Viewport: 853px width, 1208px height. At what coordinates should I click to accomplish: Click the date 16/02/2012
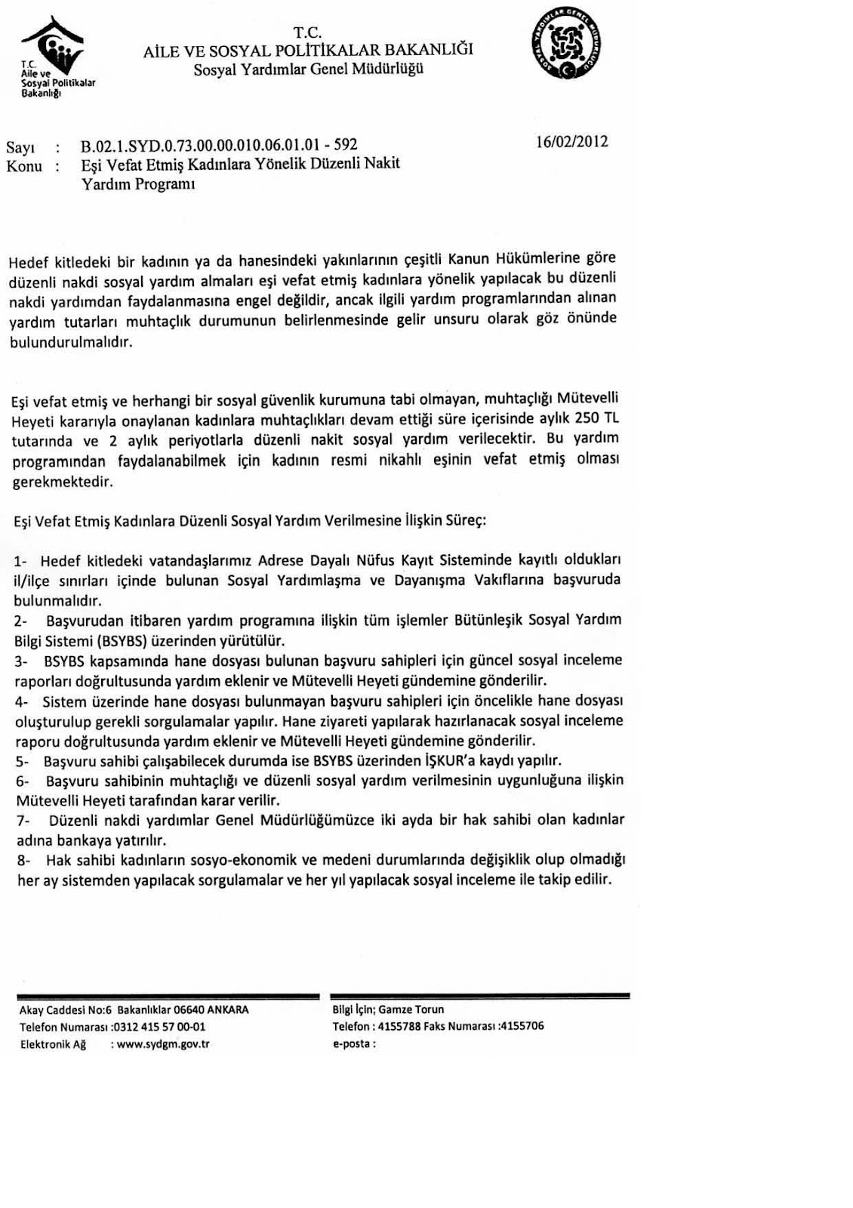click(x=571, y=141)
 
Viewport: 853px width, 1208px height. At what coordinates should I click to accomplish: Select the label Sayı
click(x=20, y=146)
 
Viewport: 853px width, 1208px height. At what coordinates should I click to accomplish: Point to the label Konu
click(x=23, y=166)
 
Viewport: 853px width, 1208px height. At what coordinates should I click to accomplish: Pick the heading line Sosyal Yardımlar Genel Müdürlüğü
click(x=308, y=69)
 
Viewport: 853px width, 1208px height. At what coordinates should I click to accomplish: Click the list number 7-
click(x=23, y=820)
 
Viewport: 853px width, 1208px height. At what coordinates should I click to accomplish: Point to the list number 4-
click(x=22, y=701)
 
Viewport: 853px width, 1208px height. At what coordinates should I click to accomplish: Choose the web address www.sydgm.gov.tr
click(x=164, y=1044)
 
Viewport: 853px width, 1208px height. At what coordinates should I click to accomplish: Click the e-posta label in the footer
click(x=352, y=1044)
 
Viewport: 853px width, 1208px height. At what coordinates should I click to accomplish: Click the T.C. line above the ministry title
click(x=308, y=32)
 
